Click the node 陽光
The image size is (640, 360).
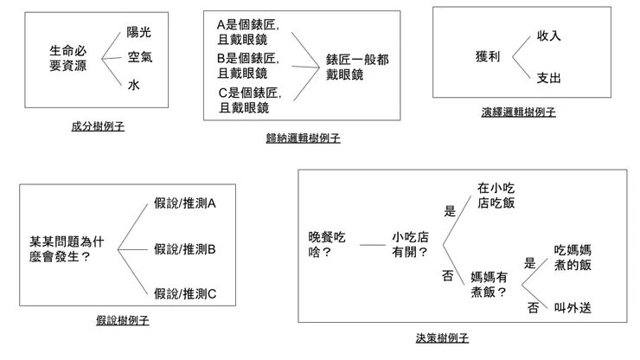pyautogui.click(x=138, y=32)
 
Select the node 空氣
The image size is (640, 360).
pyautogui.click(x=140, y=58)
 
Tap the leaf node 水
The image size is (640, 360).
pyautogui.click(x=133, y=85)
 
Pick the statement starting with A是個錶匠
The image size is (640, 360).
pyautogui.click(x=248, y=32)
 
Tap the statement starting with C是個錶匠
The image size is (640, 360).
pyautogui.click(x=248, y=100)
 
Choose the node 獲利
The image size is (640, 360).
pyautogui.click(x=488, y=56)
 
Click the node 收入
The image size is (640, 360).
pyautogui.click(x=549, y=36)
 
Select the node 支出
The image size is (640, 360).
pyautogui.click(x=549, y=78)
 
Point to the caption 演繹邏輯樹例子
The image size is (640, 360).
pyautogui.click(x=518, y=112)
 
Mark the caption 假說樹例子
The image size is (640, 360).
pyautogui.click(x=123, y=320)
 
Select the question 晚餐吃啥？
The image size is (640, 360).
pyautogui.click(x=327, y=244)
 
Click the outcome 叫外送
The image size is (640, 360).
pyautogui.click(x=572, y=308)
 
